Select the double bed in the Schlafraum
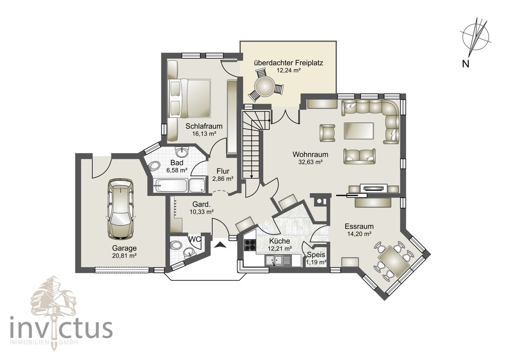(190, 98)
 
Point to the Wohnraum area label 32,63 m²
(310, 162)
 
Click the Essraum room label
(359, 226)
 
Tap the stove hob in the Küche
(250, 244)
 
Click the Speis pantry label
(316, 254)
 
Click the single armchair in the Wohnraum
(327, 133)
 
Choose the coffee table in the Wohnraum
(359, 131)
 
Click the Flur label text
(223, 171)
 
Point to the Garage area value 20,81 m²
(124, 256)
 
